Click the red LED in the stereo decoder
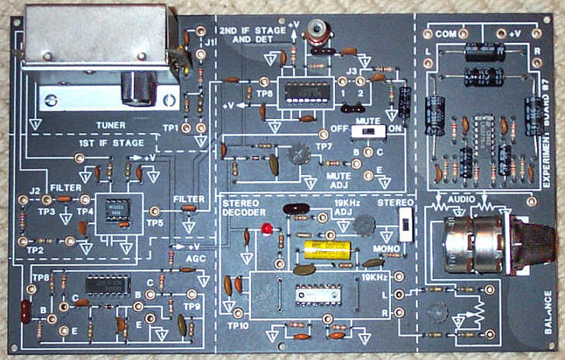pyautogui.click(x=266, y=229)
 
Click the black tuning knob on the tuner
pyautogui.click(x=145, y=88)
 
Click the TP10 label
pyautogui.click(x=238, y=326)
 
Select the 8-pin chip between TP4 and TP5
pyautogui.click(x=119, y=211)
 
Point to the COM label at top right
pyautogui.click(x=445, y=34)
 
